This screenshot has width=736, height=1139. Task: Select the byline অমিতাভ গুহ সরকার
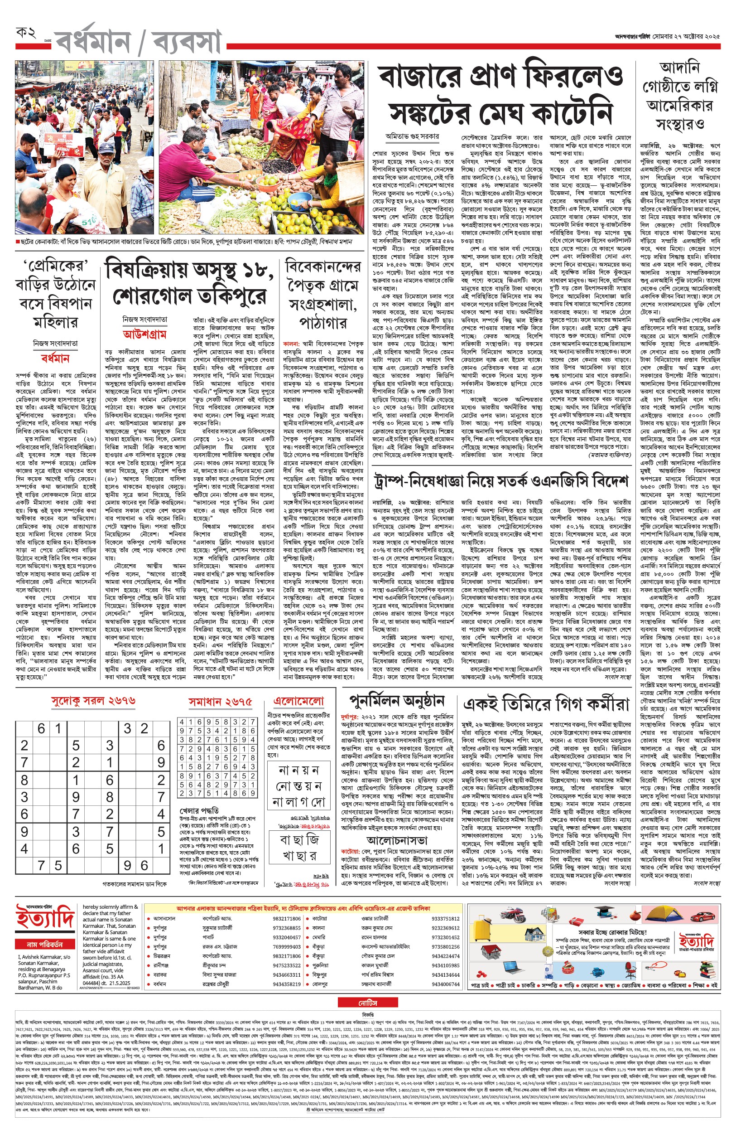click(x=412, y=136)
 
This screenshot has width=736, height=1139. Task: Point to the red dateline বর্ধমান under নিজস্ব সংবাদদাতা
click(x=55, y=358)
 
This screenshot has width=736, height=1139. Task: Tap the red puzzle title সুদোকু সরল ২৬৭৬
click(x=93, y=701)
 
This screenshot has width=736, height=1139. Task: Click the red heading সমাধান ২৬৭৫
click(x=220, y=702)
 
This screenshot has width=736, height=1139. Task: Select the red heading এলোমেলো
click(x=298, y=701)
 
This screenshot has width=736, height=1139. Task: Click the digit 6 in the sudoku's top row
click(x=42, y=729)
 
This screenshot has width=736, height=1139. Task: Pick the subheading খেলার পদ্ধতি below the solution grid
click(x=199, y=811)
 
